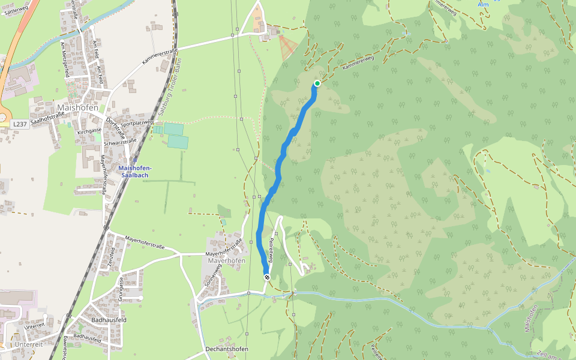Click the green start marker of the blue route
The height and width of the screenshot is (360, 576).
[317, 83]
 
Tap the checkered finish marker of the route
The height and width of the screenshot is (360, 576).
[267, 277]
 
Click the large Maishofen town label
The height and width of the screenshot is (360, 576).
[77, 108]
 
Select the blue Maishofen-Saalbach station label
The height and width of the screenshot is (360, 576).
[135, 171]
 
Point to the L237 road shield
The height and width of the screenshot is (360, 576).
[19, 124]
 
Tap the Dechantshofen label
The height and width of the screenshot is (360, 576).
[226, 349]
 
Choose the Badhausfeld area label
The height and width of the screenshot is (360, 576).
[109, 320]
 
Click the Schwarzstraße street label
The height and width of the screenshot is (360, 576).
[120, 142]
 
